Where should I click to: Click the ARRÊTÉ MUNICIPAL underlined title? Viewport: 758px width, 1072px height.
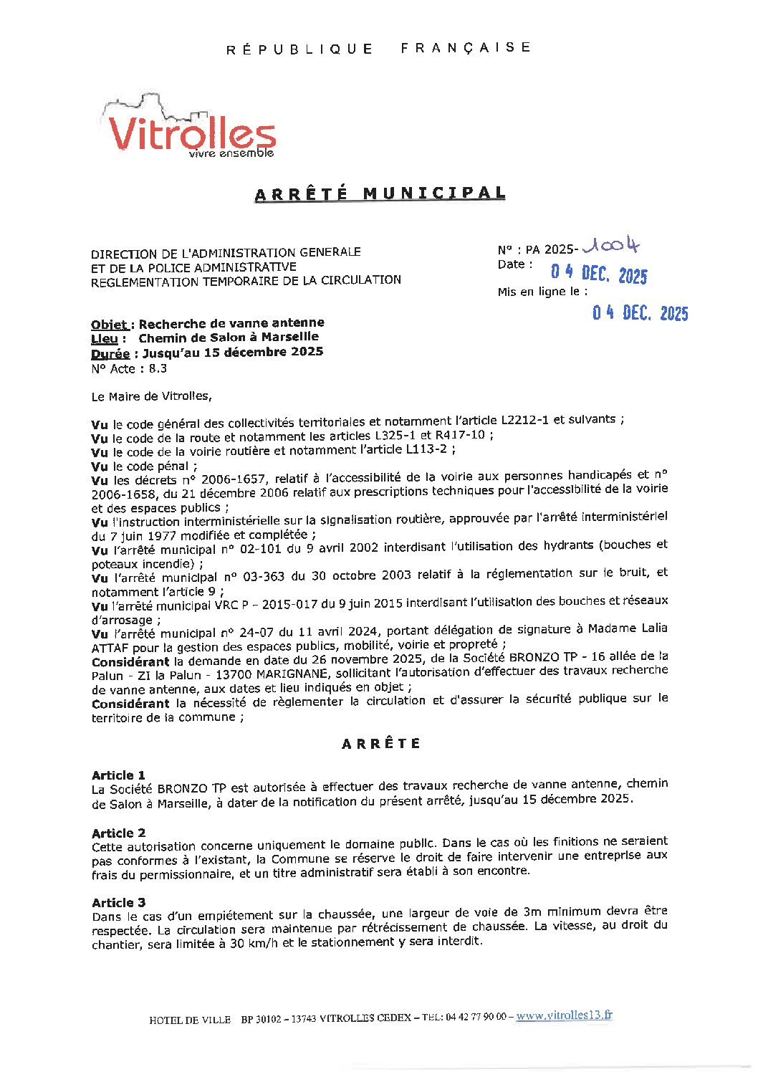pos(380,193)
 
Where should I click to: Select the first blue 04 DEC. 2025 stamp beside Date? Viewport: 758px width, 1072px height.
pos(598,274)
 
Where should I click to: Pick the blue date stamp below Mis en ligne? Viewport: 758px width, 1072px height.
pos(640,313)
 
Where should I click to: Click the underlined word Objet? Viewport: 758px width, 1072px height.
pos(110,325)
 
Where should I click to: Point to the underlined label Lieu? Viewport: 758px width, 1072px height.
pos(105,339)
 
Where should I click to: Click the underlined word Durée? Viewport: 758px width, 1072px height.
pos(110,353)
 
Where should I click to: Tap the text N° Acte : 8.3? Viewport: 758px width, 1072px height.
pos(129,369)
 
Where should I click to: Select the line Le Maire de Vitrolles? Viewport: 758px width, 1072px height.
pos(151,396)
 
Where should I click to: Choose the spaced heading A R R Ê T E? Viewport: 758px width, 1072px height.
pos(380,744)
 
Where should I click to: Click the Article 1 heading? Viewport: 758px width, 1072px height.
pos(118,775)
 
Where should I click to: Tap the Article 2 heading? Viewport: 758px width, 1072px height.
pos(118,833)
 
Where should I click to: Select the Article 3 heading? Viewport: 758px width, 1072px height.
pos(118,902)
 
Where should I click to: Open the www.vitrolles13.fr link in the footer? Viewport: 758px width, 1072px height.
pos(564,1015)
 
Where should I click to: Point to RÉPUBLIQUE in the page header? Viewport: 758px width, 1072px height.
pos(299,49)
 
